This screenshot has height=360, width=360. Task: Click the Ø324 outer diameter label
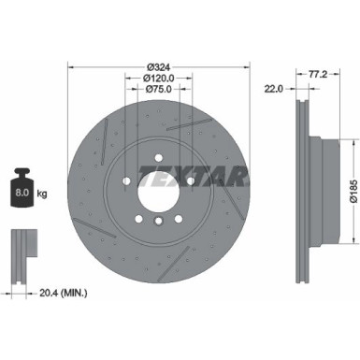[x=159, y=66]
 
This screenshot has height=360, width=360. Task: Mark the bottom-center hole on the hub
[x=158, y=220]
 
